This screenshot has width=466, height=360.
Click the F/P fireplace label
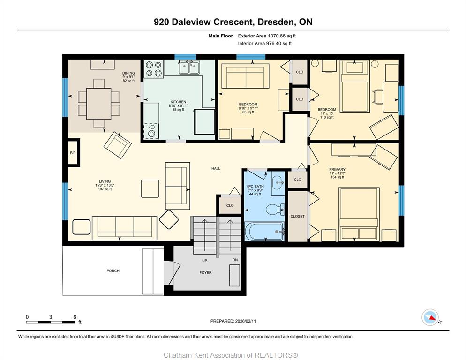73,153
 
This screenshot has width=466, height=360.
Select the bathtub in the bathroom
264,232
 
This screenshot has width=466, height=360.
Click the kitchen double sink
189,67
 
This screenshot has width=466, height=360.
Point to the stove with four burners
154,69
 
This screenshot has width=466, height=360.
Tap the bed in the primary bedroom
359,214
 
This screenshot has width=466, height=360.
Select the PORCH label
113,271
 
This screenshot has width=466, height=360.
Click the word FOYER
206,273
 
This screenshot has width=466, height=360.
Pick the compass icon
430,317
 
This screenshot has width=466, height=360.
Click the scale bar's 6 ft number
75,317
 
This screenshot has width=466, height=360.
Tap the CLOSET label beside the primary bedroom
298,217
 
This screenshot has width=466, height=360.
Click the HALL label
216,169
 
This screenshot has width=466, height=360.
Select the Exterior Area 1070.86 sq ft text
267,36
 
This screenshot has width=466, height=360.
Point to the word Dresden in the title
277,22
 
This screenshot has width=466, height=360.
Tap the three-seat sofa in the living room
125,228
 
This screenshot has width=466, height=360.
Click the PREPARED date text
233,321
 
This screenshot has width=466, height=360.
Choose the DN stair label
235,260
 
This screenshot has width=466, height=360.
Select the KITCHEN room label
178,102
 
